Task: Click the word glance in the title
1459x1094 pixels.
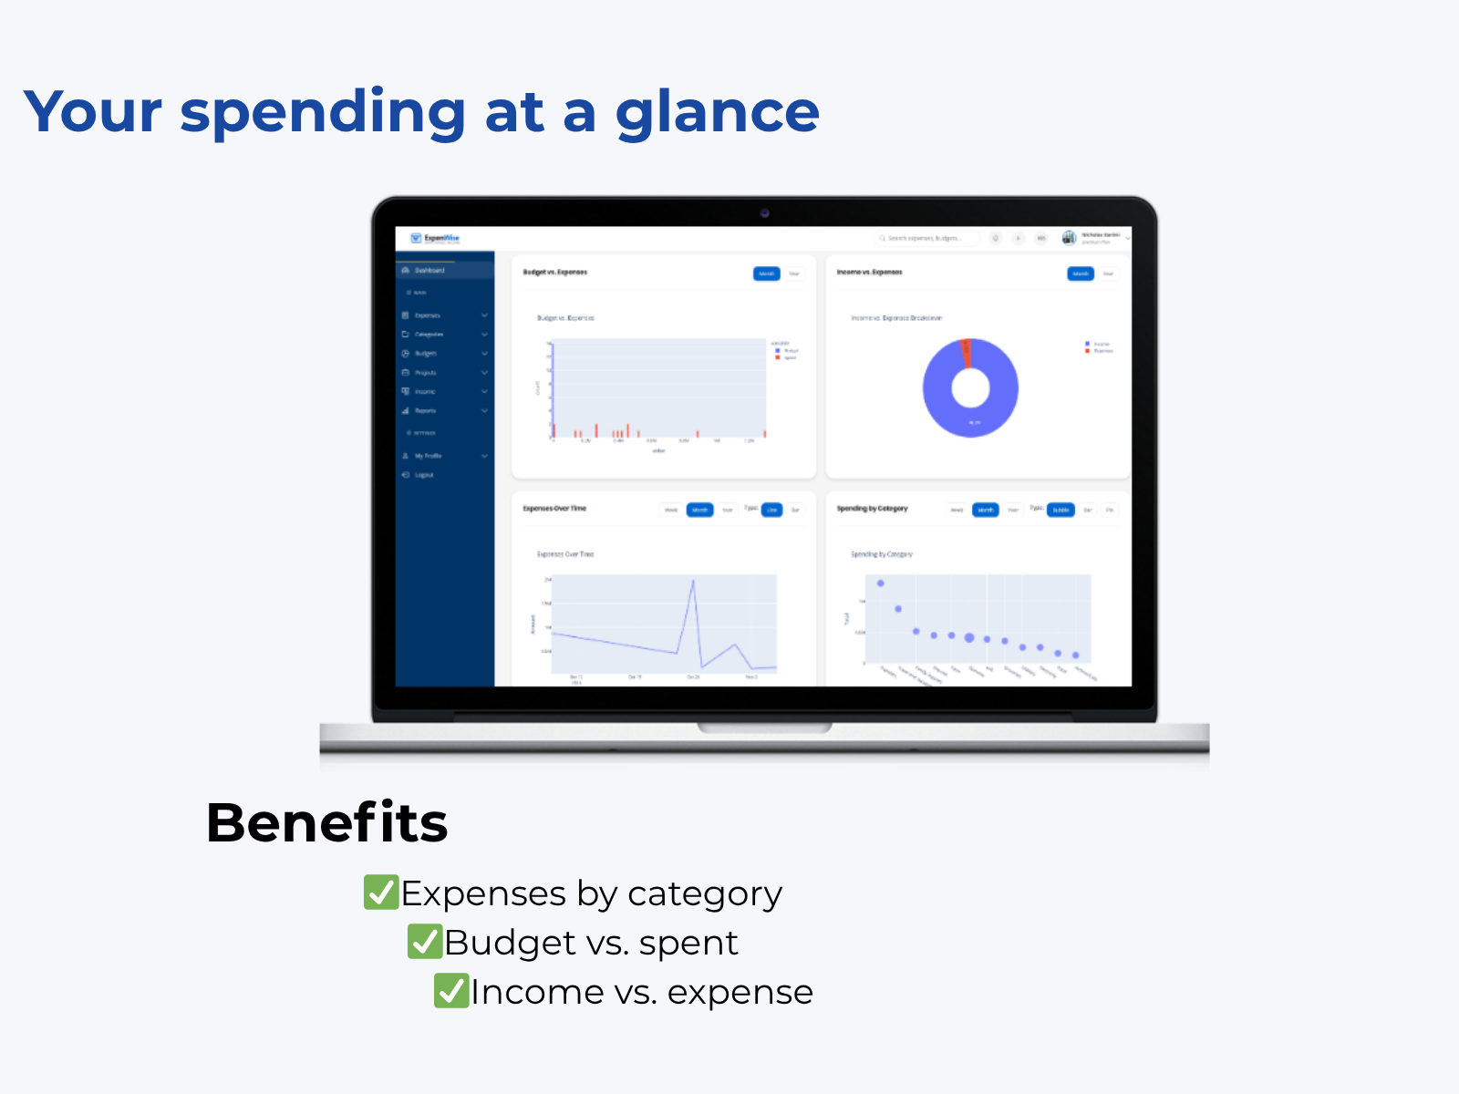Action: (717, 113)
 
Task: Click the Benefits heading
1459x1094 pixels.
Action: (326, 822)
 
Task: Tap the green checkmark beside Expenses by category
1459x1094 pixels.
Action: (380, 893)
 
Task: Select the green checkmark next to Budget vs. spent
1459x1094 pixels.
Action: (424, 942)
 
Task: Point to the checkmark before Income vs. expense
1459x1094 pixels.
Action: (450, 991)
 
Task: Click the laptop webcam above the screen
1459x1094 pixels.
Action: (764, 213)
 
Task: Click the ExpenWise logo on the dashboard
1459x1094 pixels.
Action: (435, 239)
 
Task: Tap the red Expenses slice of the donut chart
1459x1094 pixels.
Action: (967, 353)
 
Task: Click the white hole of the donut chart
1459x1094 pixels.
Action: (970, 389)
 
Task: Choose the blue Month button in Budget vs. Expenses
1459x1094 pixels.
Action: (766, 273)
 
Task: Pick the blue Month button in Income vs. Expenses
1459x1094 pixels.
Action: (1080, 273)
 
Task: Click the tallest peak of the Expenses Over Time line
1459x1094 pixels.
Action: (693, 581)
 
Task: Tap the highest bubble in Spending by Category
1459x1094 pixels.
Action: (880, 583)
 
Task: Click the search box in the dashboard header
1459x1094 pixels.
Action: (926, 238)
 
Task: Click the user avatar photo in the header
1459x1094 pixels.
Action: (1069, 238)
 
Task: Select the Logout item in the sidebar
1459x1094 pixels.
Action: (424, 475)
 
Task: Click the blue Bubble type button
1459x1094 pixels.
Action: (1061, 510)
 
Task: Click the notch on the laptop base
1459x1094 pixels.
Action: (764, 728)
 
